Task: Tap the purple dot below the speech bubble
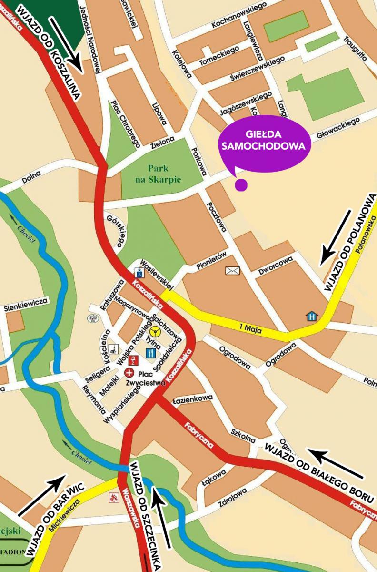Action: click(241, 185)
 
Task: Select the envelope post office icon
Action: click(232, 271)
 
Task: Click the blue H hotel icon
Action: click(312, 316)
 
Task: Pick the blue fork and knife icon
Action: click(151, 353)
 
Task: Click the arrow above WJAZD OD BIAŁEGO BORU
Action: click(336, 463)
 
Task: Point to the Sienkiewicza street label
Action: click(26, 302)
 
